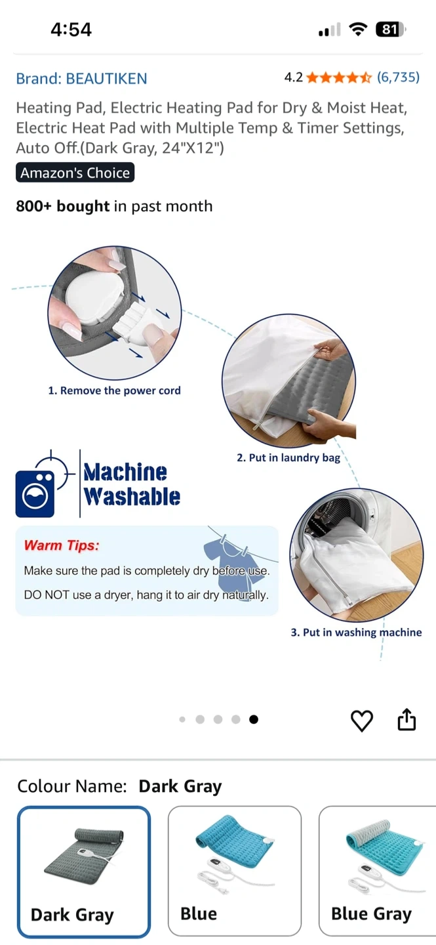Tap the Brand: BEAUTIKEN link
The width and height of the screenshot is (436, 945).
pos(81,79)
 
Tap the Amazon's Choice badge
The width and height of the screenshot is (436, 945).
pos(75,173)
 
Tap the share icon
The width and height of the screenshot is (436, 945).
pos(406,719)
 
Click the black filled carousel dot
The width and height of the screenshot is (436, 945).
pos(254,719)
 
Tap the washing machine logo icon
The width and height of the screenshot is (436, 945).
pos(35,493)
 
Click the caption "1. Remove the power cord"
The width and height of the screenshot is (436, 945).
pos(114,390)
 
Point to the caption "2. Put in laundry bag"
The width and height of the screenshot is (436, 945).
pos(288,458)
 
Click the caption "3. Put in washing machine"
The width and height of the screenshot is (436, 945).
pos(356,633)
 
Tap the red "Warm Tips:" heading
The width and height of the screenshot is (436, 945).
pos(62,545)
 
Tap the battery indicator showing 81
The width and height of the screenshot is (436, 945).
pos(391,30)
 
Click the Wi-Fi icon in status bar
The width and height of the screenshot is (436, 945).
pos(358,29)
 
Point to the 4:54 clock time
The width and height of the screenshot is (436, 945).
pos(71,30)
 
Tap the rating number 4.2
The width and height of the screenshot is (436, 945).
pos(294,77)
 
